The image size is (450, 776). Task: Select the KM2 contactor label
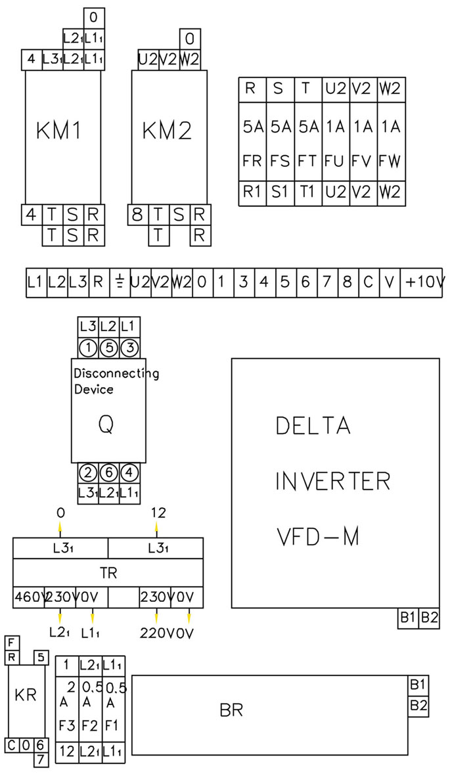(x=167, y=131)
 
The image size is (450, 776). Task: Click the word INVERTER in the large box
(x=332, y=482)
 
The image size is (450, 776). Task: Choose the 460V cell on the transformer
(x=28, y=598)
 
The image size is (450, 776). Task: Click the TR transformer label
(x=108, y=572)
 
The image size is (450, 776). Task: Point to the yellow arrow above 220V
(x=156, y=617)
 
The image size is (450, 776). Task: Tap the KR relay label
(x=25, y=696)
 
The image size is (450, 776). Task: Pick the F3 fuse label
(x=66, y=727)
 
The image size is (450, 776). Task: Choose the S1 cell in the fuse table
(x=279, y=193)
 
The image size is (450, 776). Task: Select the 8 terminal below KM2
(x=138, y=215)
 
